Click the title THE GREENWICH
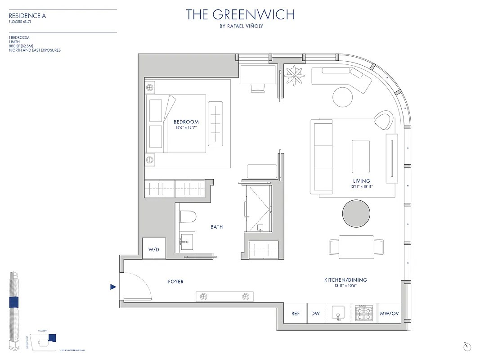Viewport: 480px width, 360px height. pyautogui.click(x=240, y=15)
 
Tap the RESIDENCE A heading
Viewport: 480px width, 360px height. pyautogui.click(x=27, y=16)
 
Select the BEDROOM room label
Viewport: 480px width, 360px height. pyautogui.click(x=186, y=122)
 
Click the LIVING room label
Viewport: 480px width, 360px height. pyautogui.click(x=361, y=181)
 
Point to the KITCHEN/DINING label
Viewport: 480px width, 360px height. pyautogui.click(x=345, y=280)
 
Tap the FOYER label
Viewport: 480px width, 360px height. pyautogui.click(x=175, y=282)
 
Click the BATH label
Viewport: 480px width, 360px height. pyautogui.click(x=216, y=227)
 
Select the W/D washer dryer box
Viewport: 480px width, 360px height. pyautogui.click(x=154, y=249)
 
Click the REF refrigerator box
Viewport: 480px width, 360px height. pyautogui.click(x=296, y=314)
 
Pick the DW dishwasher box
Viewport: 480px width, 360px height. pyautogui.click(x=315, y=314)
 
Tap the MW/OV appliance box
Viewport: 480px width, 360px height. pyautogui.click(x=389, y=314)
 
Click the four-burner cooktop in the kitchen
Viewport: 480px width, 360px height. pyautogui.click(x=364, y=313)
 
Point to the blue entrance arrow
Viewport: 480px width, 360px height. pyautogui.click(x=113, y=287)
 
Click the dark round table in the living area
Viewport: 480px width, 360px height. pyautogui.click(x=357, y=214)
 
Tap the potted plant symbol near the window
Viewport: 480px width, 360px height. pyautogui.click(x=296, y=75)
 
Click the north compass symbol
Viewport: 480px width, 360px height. pyautogui.click(x=467, y=346)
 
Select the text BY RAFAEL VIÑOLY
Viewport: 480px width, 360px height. pyautogui.click(x=240, y=26)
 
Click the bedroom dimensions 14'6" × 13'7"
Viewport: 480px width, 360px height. pyautogui.click(x=186, y=128)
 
